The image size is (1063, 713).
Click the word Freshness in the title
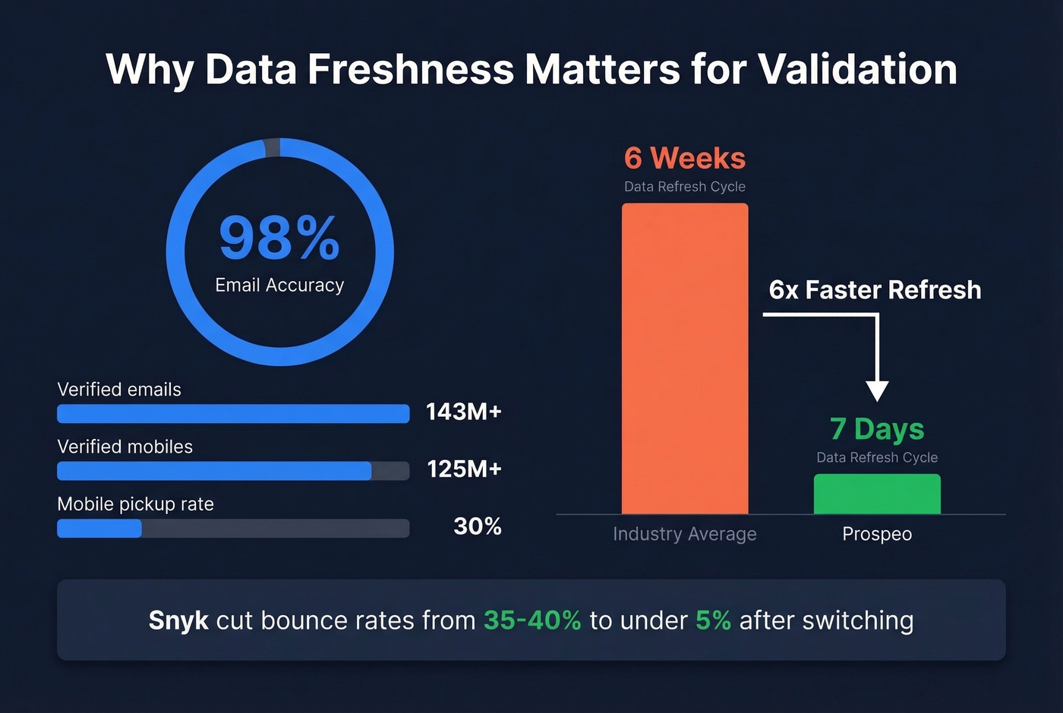(x=410, y=69)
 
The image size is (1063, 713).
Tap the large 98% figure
(x=279, y=238)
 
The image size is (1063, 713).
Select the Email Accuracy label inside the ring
(x=279, y=286)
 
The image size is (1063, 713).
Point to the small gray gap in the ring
(x=272, y=147)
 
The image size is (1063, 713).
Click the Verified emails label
(x=119, y=390)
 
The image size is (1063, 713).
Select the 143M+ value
(x=463, y=412)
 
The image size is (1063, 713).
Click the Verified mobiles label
(x=125, y=446)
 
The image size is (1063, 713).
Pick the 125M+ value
(x=464, y=469)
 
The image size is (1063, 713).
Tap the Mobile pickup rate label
(x=135, y=504)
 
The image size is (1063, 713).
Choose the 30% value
(x=477, y=526)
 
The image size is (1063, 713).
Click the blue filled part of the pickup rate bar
(x=99, y=528)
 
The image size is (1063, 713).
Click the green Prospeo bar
(x=877, y=494)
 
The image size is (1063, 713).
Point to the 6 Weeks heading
(x=685, y=159)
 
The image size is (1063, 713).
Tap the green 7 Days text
(x=877, y=429)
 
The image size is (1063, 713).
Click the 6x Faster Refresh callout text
(x=875, y=290)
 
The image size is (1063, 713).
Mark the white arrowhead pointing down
(x=877, y=390)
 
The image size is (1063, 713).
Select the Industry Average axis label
(x=685, y=535)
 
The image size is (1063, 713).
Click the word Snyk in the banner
(x=178, y=620)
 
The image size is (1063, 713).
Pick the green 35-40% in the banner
(x=532, y=620)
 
